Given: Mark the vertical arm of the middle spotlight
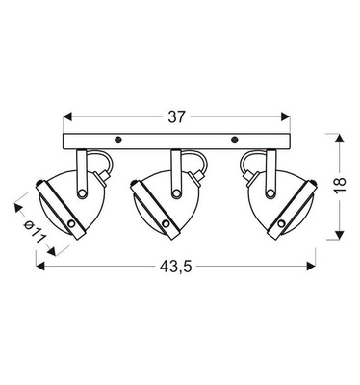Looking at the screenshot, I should click(176, 170).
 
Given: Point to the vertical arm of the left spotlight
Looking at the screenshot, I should click(82, 170).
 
